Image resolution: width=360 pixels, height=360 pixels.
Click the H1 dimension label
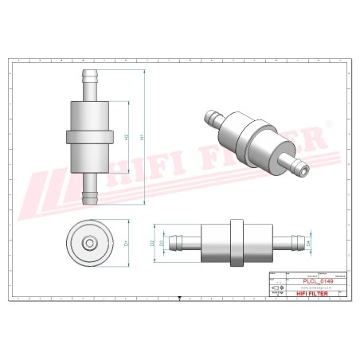[x=143, y=137]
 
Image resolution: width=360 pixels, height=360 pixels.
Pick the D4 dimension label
[x=308, y=241]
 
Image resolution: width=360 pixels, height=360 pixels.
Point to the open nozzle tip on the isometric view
[x=303, y=169]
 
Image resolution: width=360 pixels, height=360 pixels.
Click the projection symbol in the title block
[x=276, y=288]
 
